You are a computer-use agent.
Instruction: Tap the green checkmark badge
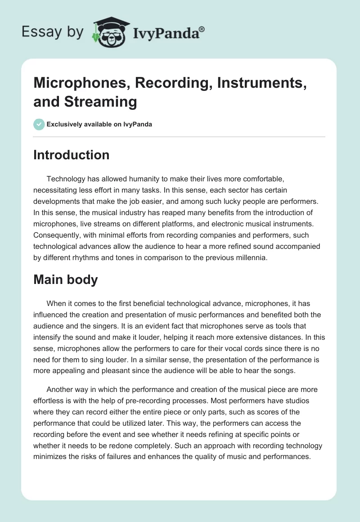click(39, 124)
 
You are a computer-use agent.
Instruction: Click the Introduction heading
click(71, 155)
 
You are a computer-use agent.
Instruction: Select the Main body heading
click(65, 279)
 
